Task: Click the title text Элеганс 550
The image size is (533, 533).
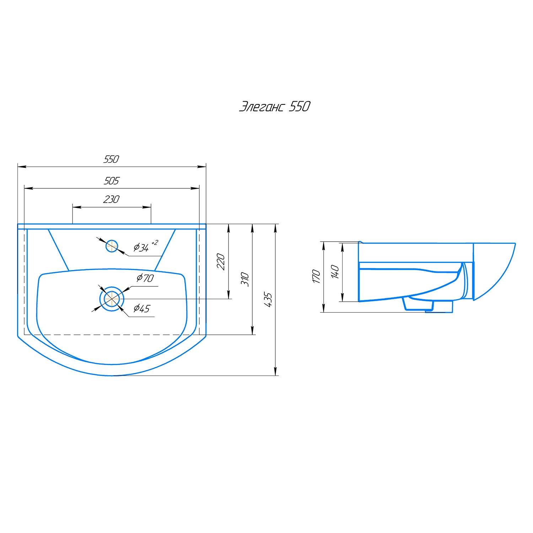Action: [x=274, y=107]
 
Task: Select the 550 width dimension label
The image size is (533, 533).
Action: [x=111, y=159]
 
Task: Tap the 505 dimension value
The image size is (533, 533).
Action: [x=111, y=181]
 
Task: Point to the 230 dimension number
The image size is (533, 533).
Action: [x=111, y=200]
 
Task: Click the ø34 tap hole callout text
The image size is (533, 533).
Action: [x=141, y=248]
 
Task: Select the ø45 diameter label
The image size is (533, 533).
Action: [x=141, y=309]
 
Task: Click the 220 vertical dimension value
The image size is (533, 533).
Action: [x=221, y=262]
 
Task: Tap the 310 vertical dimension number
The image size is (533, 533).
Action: [x=245, y=279]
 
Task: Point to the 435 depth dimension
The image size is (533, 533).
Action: [x=268, y=300]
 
